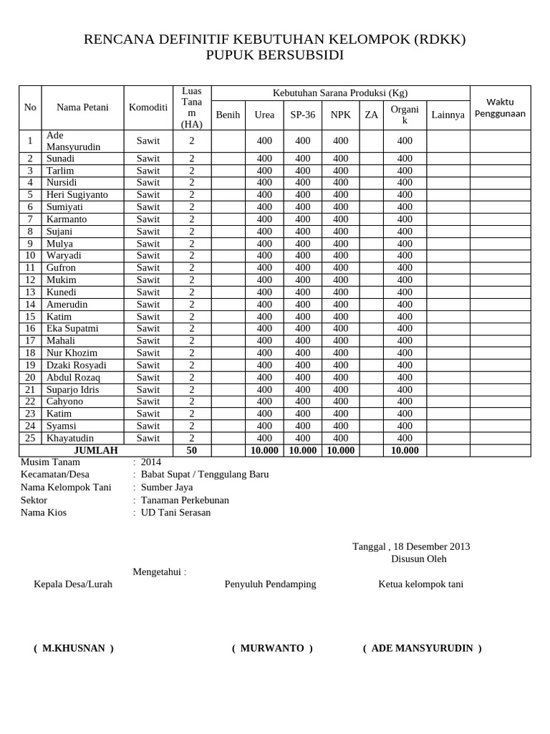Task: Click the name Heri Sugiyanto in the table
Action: click(x=77, y=195)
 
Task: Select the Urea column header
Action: click(x=264, y=115)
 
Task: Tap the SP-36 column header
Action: click(x=302, y=115)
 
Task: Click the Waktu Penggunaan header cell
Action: click(x=500, y=108)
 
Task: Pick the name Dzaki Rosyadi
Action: click(x=77, y=365)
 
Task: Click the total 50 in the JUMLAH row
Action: click(x=191, y=450)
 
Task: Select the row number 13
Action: click(x=30, y=292)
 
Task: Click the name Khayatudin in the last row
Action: click(x=70, y=438)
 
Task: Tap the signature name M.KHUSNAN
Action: click(x=74, y=648)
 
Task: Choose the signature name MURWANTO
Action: click(x=272, y=648)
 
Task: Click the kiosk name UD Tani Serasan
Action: click(x=176, y=513)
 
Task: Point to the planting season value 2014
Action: click(x=151, y=462)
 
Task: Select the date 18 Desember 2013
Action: click(x=429, y=546)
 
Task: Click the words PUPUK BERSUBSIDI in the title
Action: click(x=275, y=55)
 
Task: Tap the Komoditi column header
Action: click(x=148, y=108)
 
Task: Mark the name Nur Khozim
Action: click(x=72, y=353)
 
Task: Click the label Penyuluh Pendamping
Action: click(x=270, y=584)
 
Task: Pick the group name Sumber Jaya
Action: click(x=167, y=487)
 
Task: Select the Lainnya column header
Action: click(x=448, y=115)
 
